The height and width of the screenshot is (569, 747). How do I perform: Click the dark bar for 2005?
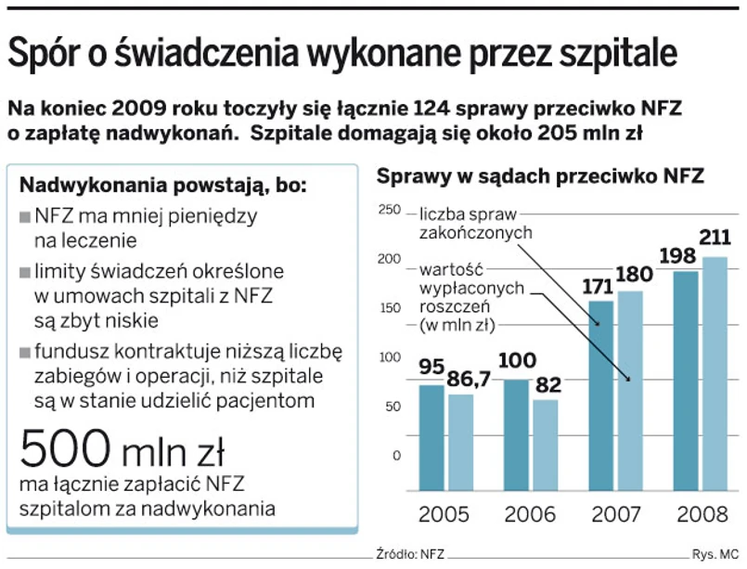pyautogui.click(x=431, y=436)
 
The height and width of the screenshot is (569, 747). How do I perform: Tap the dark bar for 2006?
pyautogui.click(x=517, y=434)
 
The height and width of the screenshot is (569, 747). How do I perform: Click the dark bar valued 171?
pyautogui.click(x=601, y=394)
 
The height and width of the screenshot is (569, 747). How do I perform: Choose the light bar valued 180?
pyautogui.click(x=630, y=390)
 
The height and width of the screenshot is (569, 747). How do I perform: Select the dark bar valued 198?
pyautogui.click(x=687, y=381)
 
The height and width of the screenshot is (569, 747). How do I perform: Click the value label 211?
pyautogui.click(x=715, y=239)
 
